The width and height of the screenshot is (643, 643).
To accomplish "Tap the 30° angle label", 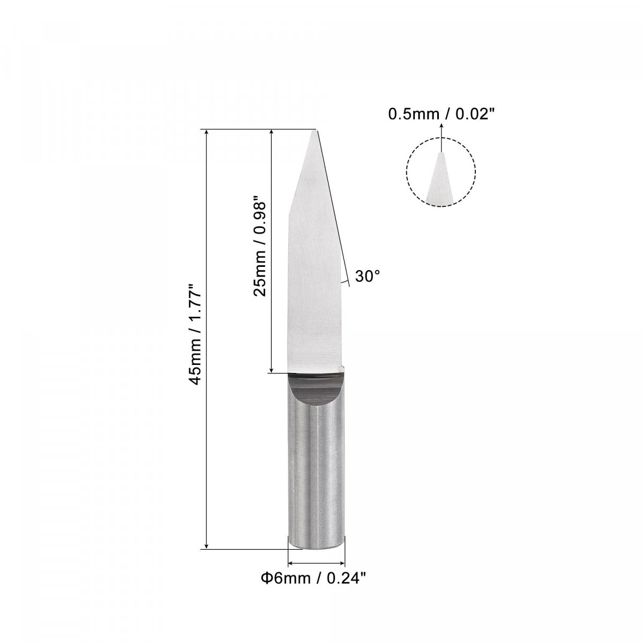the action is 368,276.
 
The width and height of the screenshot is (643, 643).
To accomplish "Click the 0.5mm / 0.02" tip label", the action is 441,114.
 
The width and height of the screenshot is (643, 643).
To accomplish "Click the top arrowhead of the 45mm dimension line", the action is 207,133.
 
